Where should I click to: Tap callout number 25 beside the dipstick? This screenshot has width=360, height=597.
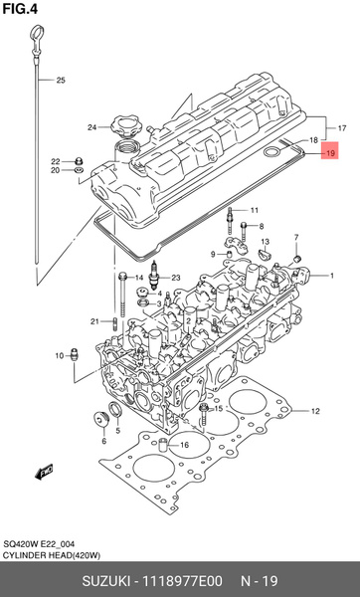pyautogui.click(x=60, y=80)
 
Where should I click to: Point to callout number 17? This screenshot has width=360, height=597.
pyautogui.click(x=341, y=129)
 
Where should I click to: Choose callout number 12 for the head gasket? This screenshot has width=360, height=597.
pyautogui.click(x=313, y=411)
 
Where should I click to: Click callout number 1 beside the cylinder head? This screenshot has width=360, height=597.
pyautogui.click(x=332, y=276)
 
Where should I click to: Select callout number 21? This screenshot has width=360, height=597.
pyautogui.click(x=94, y=321)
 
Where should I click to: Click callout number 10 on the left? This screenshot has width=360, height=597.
pyautogui.click(x=59, y=354)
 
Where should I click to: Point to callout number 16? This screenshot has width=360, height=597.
pyautogui.click(x=183, y=444)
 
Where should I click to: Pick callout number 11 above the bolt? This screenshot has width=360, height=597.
pyautogui.click(x=254, y=210)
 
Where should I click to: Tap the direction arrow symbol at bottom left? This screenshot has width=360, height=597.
pyautogui.click(x=45, y=469)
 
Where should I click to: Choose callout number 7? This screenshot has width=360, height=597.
pyautogui.click(x=296, y=237)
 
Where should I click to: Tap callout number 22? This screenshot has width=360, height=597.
pyautogui.click(x=56, y=160)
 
